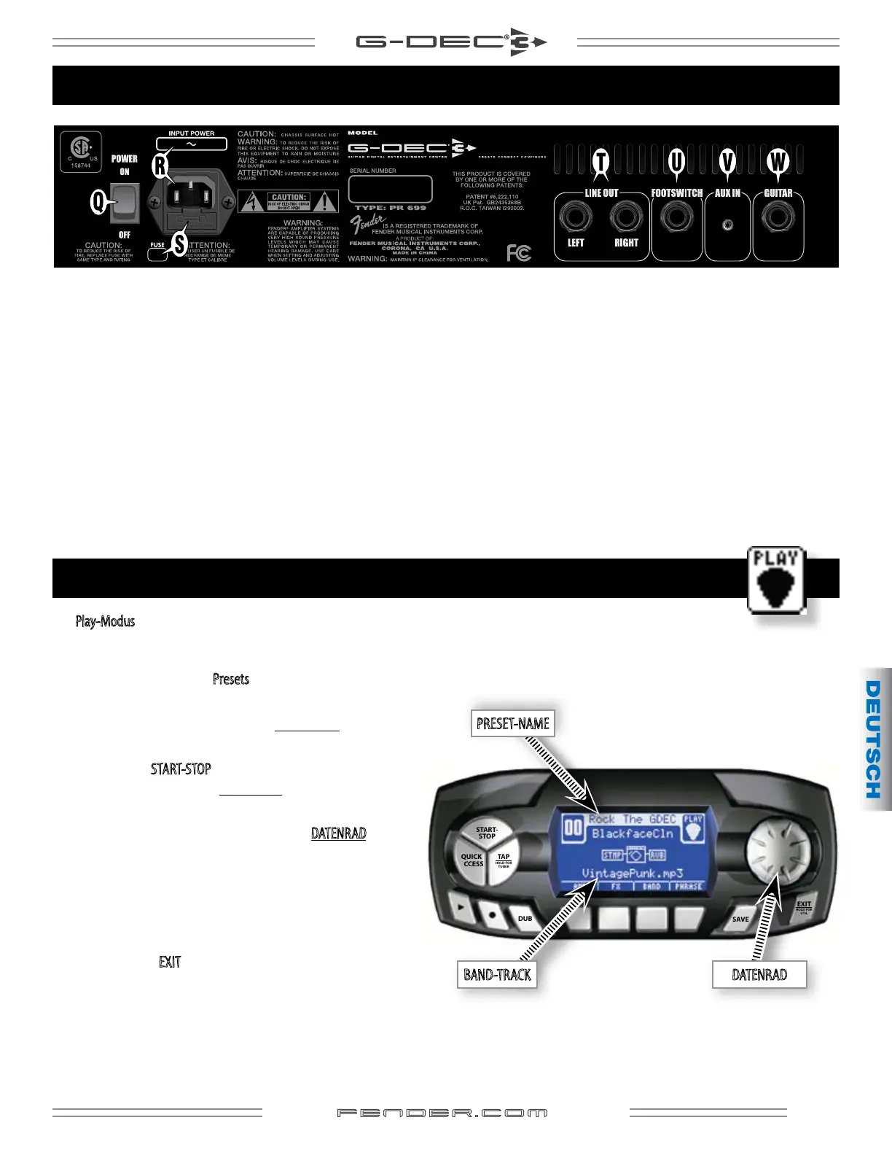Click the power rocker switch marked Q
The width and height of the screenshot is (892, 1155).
pos(124,203)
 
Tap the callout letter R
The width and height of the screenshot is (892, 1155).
pos(160,166)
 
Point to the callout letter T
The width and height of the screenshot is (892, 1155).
pos(600,161)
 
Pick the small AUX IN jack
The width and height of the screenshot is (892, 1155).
pos(727,225)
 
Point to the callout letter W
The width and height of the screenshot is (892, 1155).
pos(778,161)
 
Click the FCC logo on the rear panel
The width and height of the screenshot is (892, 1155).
pos(519,253)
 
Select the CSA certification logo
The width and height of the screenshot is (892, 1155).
pos(80,151)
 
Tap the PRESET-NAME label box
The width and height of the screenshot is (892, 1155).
pos(512,723)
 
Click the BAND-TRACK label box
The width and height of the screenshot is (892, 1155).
pos(497,975)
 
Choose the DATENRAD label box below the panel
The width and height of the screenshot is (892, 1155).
pos(759,975)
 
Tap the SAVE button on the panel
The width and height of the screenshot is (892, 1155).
pos(740,919)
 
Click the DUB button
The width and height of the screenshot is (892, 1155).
pos(525,919)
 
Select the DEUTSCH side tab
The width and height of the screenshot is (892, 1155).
pos(874,739)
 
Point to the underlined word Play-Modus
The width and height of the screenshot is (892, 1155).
pos(105,621)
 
